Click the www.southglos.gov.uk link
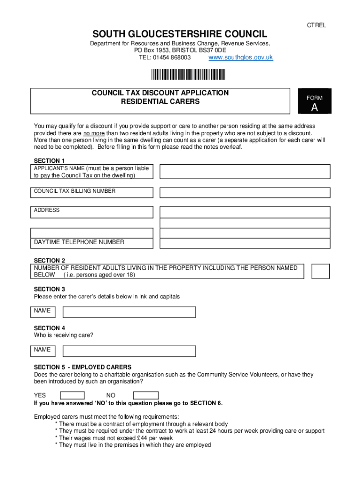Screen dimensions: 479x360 tap(240, 58)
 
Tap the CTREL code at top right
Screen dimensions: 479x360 tap(316, 25)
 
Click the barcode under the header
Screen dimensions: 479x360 tap(187, 75)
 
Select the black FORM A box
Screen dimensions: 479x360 tap(314, 101)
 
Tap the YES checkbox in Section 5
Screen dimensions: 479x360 tap(72, 395)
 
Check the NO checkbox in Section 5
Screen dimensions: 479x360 tap(146, 395)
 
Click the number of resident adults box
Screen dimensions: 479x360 tap(320, 271)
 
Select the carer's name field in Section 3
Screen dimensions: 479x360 tap(129, 312)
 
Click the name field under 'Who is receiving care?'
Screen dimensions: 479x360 tap(129, 351)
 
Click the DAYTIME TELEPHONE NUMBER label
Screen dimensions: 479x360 tap(79, 242)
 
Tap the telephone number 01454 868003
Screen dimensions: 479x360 tap(172, 58)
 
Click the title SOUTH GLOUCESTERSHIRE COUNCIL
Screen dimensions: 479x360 tap(180, 34)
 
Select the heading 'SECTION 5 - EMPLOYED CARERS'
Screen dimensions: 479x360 tap(83, 367)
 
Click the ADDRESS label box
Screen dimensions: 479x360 tap(92, 212)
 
